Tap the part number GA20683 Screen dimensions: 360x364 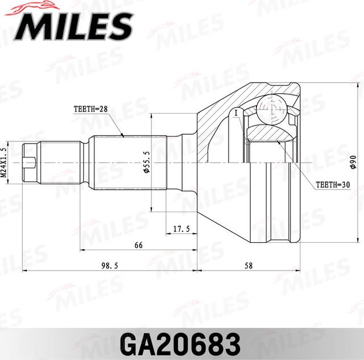(x=182, y=344)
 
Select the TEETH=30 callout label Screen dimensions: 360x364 (x=333, y=185)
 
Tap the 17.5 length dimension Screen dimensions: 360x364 (x=181, y=229)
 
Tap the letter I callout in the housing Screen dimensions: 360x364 (x=235, y=113)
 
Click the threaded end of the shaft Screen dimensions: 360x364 (x=31, y=163)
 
